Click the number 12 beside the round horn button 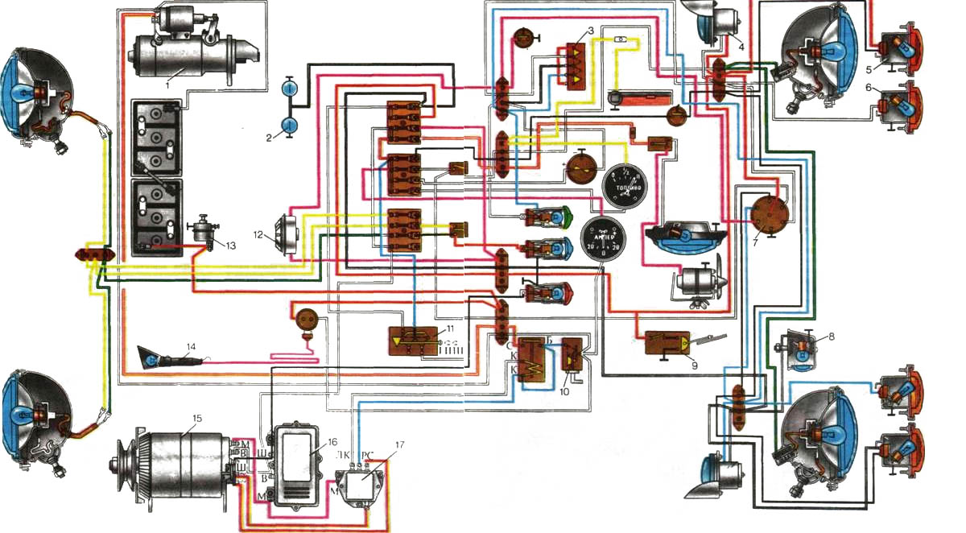pos(258,236)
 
